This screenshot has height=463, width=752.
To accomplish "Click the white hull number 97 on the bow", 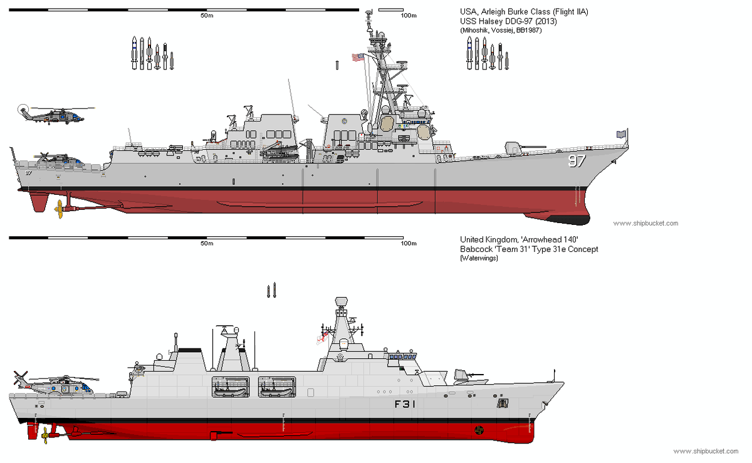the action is point(576,161).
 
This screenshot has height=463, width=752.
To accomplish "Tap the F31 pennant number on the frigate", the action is point(405,404).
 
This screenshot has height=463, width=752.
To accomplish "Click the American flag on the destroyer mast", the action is point(357,57).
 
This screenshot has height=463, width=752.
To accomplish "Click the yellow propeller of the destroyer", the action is point(59,209).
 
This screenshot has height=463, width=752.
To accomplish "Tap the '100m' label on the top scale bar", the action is point(409,15).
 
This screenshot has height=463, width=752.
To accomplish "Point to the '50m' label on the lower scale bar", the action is point(207,243).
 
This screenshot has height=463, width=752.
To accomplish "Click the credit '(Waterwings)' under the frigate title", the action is point(479,258).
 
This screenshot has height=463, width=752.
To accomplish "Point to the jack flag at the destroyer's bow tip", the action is point(621,133).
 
